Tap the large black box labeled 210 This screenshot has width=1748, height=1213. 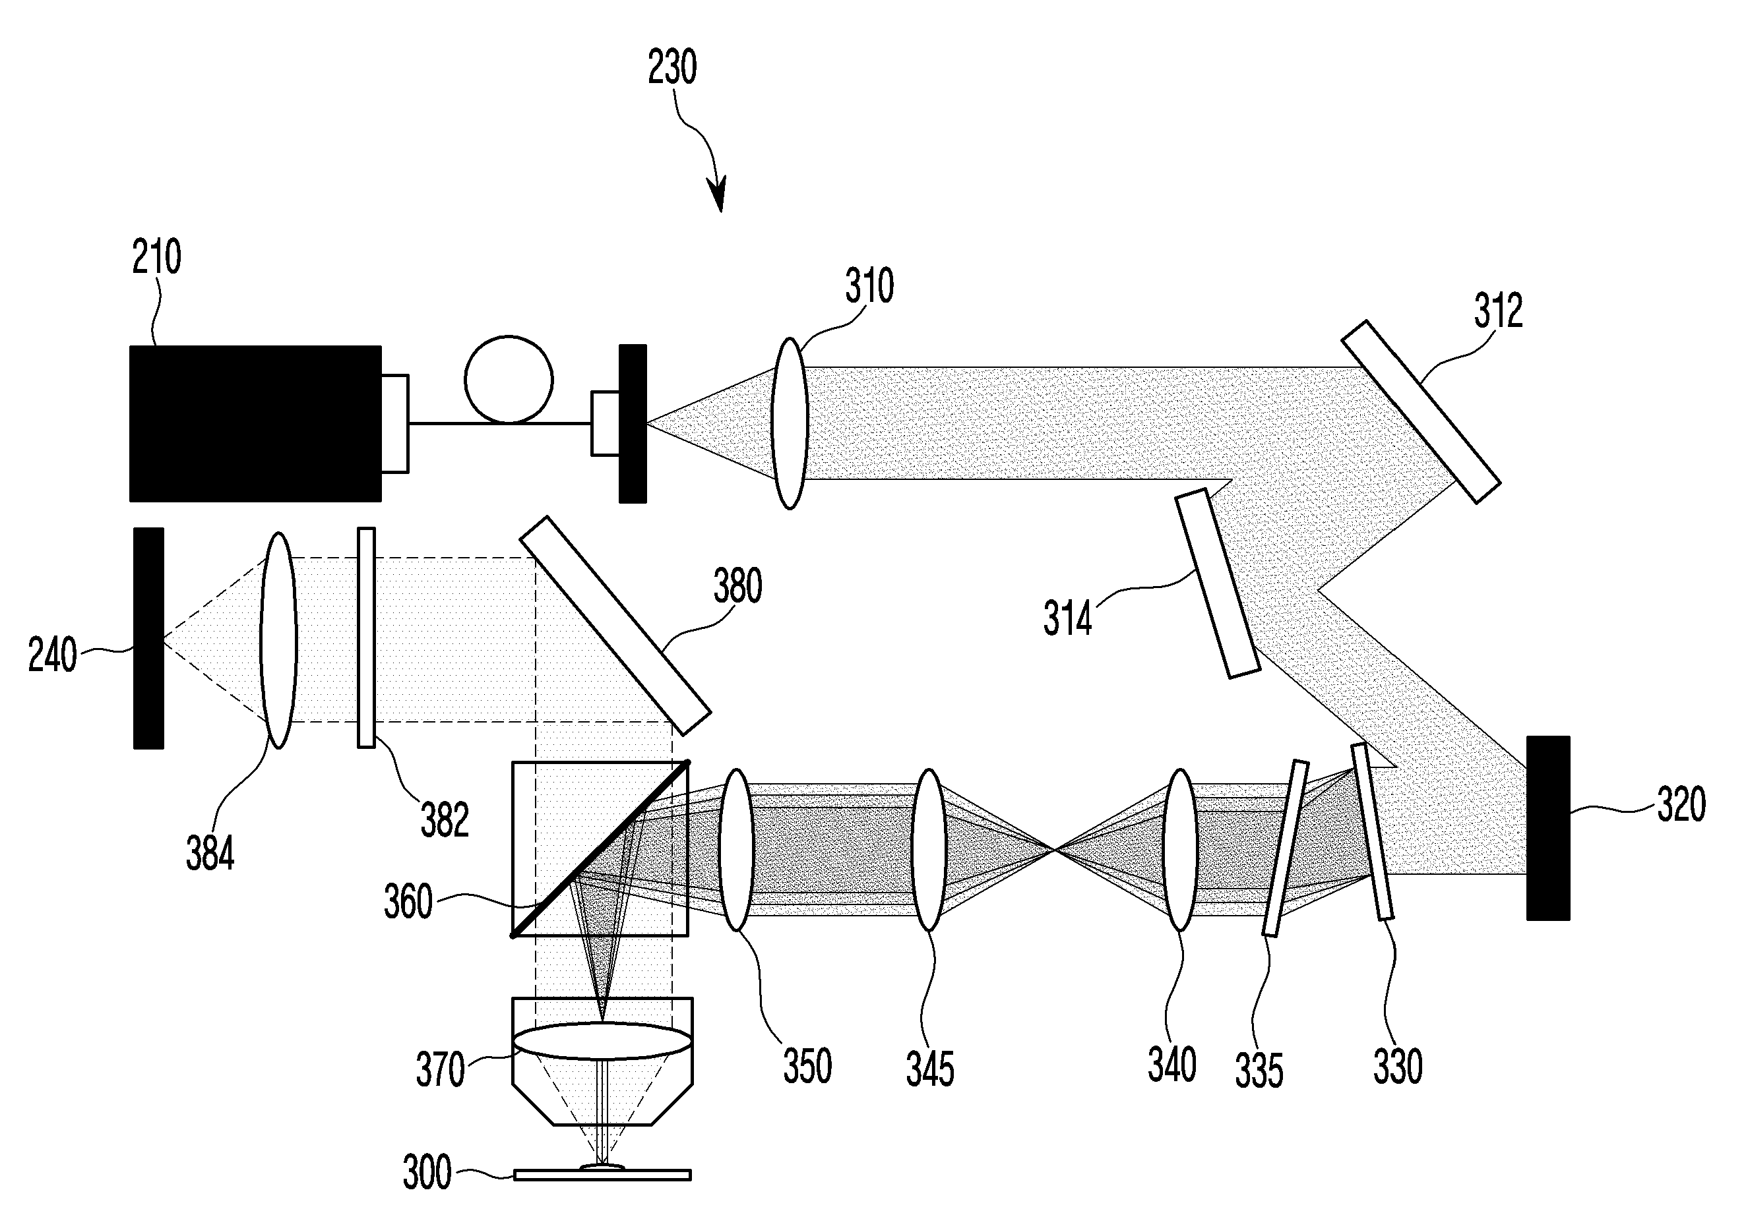[255, 423]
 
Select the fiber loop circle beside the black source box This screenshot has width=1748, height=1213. [508, 379]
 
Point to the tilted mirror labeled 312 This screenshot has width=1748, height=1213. [1420, 411]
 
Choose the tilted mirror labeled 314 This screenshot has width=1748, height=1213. [1216, 583]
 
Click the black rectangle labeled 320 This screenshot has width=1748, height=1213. [1547, 827]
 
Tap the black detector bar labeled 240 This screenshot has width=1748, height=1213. [148, 637]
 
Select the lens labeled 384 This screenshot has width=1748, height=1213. [278, 640]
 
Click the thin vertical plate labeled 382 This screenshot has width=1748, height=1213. [365, 637]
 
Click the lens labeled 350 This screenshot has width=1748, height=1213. [735, 849]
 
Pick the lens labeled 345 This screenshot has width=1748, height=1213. [927, 849]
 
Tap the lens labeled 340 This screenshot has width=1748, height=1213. [1180, 849]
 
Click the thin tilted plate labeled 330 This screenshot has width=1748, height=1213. [1373, 831]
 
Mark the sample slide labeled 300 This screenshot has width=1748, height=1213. [602, 1175]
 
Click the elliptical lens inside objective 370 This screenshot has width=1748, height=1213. [602, 1040]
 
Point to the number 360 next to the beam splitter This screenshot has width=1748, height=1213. [408, 901]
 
